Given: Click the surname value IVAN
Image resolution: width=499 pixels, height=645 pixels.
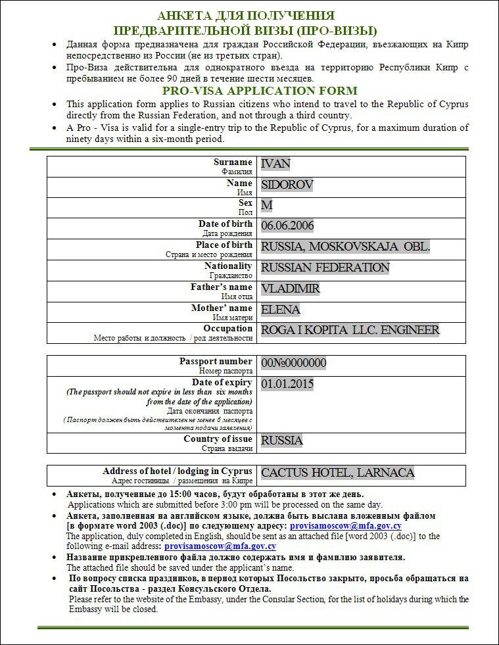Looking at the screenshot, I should click(x=275, y=164).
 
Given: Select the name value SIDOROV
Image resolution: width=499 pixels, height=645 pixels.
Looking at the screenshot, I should click(x=287, y=185).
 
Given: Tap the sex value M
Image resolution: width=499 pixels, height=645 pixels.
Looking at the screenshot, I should click(x=266, y=205).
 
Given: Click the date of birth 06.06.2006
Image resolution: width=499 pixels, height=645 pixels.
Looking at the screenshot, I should click(x=287, y=226).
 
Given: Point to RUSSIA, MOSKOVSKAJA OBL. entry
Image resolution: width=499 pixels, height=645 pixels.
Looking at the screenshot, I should click(x=345, y=247).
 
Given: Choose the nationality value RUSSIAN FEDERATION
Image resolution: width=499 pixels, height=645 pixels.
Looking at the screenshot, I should click(x=325, y=268).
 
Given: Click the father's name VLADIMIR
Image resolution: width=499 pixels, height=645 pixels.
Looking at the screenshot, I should click(x=291, y=289).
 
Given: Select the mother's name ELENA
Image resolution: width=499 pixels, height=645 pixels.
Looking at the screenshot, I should click(x=281, y=309).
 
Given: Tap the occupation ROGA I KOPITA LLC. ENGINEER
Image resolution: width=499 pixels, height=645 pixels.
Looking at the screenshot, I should click(x=350, y=330).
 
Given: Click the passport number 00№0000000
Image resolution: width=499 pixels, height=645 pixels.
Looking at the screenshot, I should click(x=293, y=363).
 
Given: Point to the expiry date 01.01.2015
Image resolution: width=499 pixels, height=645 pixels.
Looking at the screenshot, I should click(x=287, y=384).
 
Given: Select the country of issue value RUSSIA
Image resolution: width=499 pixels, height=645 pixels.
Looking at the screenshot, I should click(x=282, y=440).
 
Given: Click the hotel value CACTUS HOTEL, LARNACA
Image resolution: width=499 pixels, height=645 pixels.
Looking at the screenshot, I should click(x=337, y=473).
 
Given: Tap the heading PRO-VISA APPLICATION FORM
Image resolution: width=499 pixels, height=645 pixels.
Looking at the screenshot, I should click(x=260, y=91).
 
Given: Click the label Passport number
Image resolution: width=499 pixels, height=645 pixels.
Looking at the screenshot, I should click(x=216, y=361).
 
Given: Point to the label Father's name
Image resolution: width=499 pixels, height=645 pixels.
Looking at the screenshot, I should click(x=222, y=287).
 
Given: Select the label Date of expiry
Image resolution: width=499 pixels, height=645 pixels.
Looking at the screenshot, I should click(x=222, y=382).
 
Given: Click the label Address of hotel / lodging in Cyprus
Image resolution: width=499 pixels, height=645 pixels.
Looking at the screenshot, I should click(x=178, y=471).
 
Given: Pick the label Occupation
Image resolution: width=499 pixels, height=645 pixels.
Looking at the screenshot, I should click(x=227, y=328).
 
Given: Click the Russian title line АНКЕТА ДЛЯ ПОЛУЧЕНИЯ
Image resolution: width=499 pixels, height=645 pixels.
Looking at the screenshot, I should click(x=246, y=16).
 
